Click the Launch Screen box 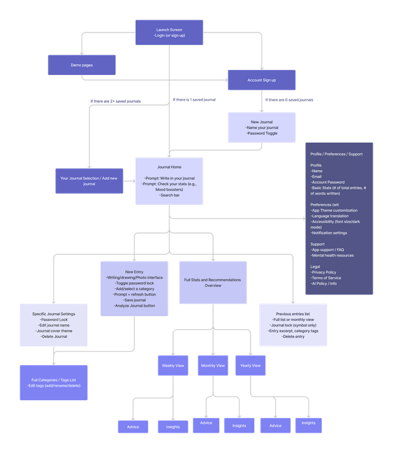click(169, 33)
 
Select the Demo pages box click(82, 65)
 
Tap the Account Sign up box click(262, 80)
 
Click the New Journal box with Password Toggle click(262, 127)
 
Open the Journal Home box click(169, 181)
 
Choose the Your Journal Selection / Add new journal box click(89, 181)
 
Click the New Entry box click(134, 289)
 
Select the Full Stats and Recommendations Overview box click(212, 283)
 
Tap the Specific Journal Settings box click(53, 325)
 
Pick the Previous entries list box click(292, 325)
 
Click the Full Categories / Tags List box click(53, 382)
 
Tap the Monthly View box click(212, 366)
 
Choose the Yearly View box click(250, 366)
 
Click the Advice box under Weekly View click(133, 427)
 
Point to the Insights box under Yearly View click(308, 423)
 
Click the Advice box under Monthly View click(206, 423)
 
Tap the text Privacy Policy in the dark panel click(324, 272)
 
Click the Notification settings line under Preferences click(329, 233)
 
